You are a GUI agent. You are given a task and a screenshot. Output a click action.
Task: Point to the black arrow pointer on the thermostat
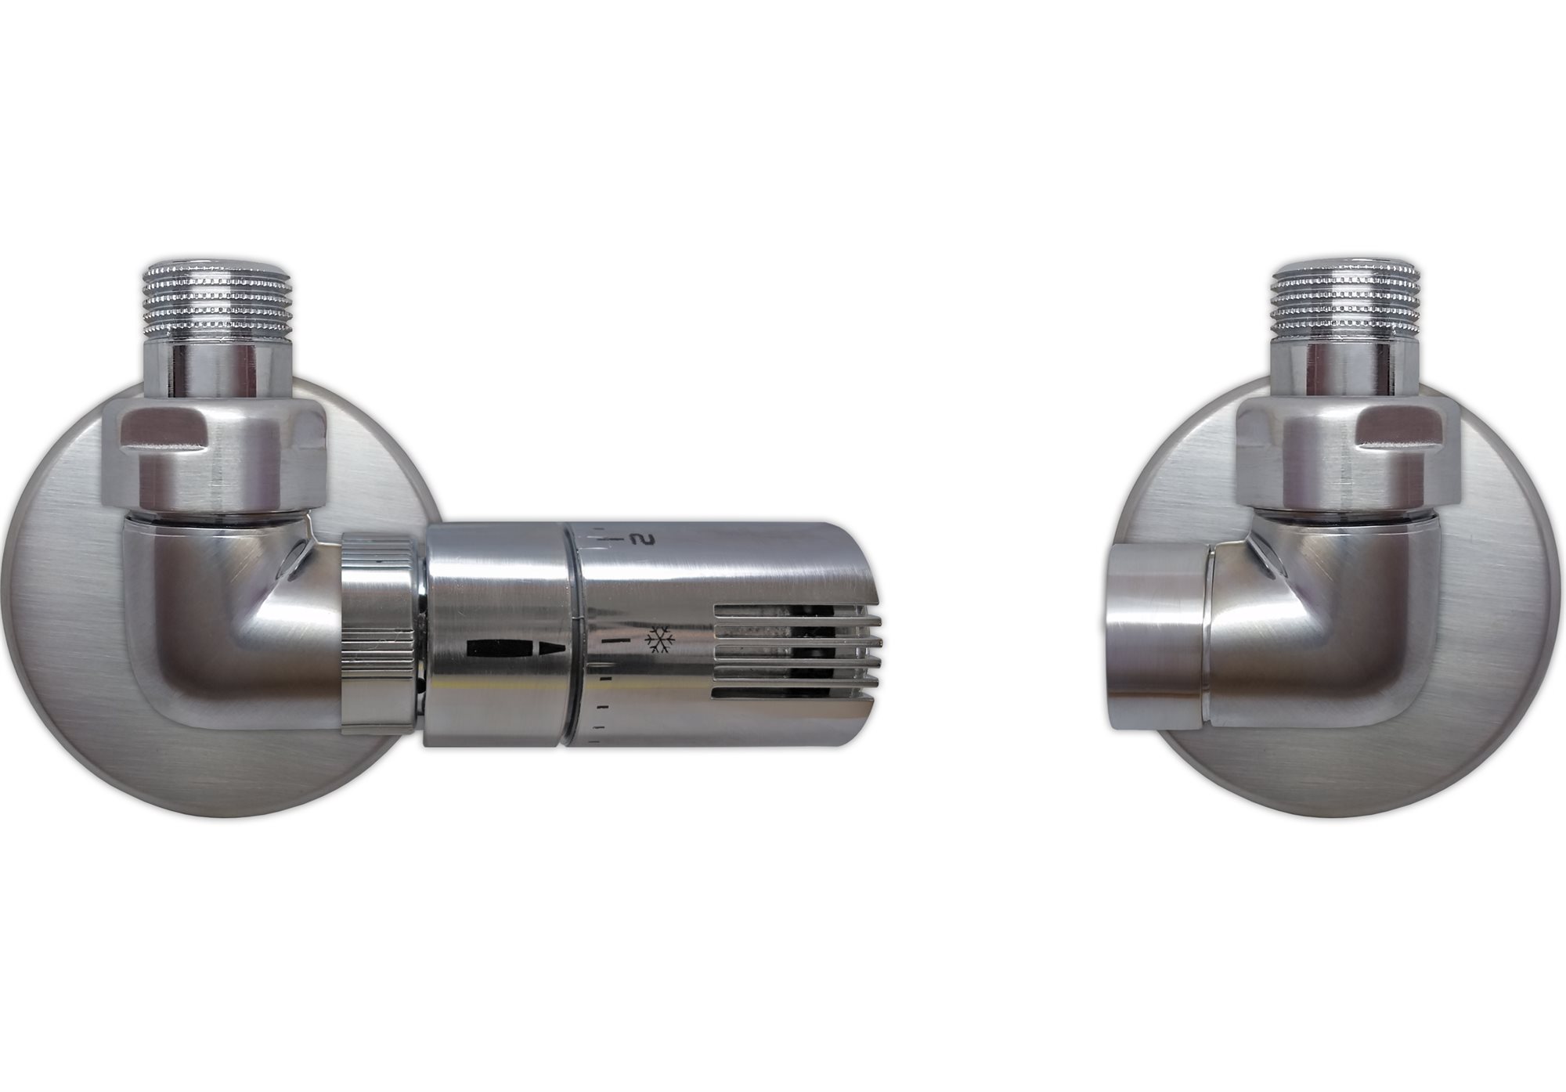coord(515,650)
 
